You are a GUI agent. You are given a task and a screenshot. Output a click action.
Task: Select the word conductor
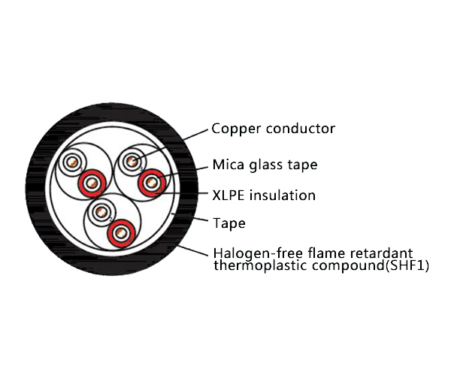tap(301, 129)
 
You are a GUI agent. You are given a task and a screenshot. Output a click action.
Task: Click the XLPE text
tap(229, 196)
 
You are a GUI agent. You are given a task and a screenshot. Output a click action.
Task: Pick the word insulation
tap(283, 195)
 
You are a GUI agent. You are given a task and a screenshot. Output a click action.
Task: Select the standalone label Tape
tap(229, 223)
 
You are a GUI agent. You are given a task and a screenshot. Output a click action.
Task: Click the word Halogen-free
tap(258, 253)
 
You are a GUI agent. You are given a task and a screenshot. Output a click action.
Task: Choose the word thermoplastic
tap(260, 265)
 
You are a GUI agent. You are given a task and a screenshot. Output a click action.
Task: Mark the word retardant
tap(381, 253)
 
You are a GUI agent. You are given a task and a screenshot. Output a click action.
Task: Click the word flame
tap(326, 253)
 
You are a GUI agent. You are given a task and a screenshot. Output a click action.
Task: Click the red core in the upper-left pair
tap(92, 183)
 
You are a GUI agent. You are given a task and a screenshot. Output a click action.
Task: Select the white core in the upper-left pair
tap(72, 162)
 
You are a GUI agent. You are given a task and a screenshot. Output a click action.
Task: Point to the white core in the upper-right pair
tap(132, 162)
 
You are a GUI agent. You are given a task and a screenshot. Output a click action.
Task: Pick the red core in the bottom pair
tap(122, 233)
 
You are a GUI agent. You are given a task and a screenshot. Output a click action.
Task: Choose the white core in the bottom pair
tap(101, 213)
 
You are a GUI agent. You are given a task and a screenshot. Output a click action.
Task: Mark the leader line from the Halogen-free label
tap(192, 250)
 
